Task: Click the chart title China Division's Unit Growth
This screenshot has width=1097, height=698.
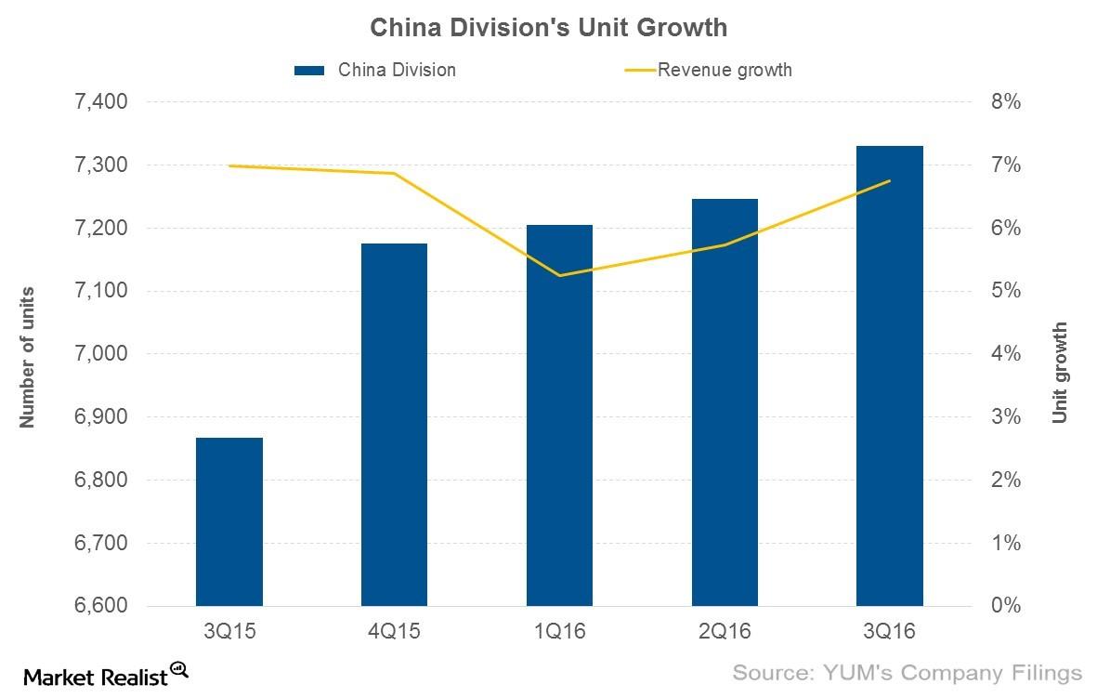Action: pyautogui.click(x=548, y=28)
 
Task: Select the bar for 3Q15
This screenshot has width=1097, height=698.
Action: pyautogui.click(x=229, y=521)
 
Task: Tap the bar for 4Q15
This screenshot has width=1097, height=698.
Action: pyautogui.click(x=394, y=425)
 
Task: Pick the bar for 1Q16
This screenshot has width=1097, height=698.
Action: pyautogui.click(x=559, y=415)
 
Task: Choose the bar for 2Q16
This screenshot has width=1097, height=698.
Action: pyautogui.click(x=725, y=402)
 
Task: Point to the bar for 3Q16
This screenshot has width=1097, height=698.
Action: pyautogui.click(x=889, y=376)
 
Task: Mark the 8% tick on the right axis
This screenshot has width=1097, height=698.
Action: pyautogui.click(x=1005, y=102)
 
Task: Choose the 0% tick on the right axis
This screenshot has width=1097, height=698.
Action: pyautogui.click(x=1005, y=607)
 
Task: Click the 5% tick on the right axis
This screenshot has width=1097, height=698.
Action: pyautogui.click(x=1005, y=291)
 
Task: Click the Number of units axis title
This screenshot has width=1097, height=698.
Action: pyautogui.click(x=28, y=356)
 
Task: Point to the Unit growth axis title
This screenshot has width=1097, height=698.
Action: pyautogui.click(x=1060, y=373)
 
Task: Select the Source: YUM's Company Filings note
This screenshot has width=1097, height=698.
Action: pyautogui.click(x=908, y=672)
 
